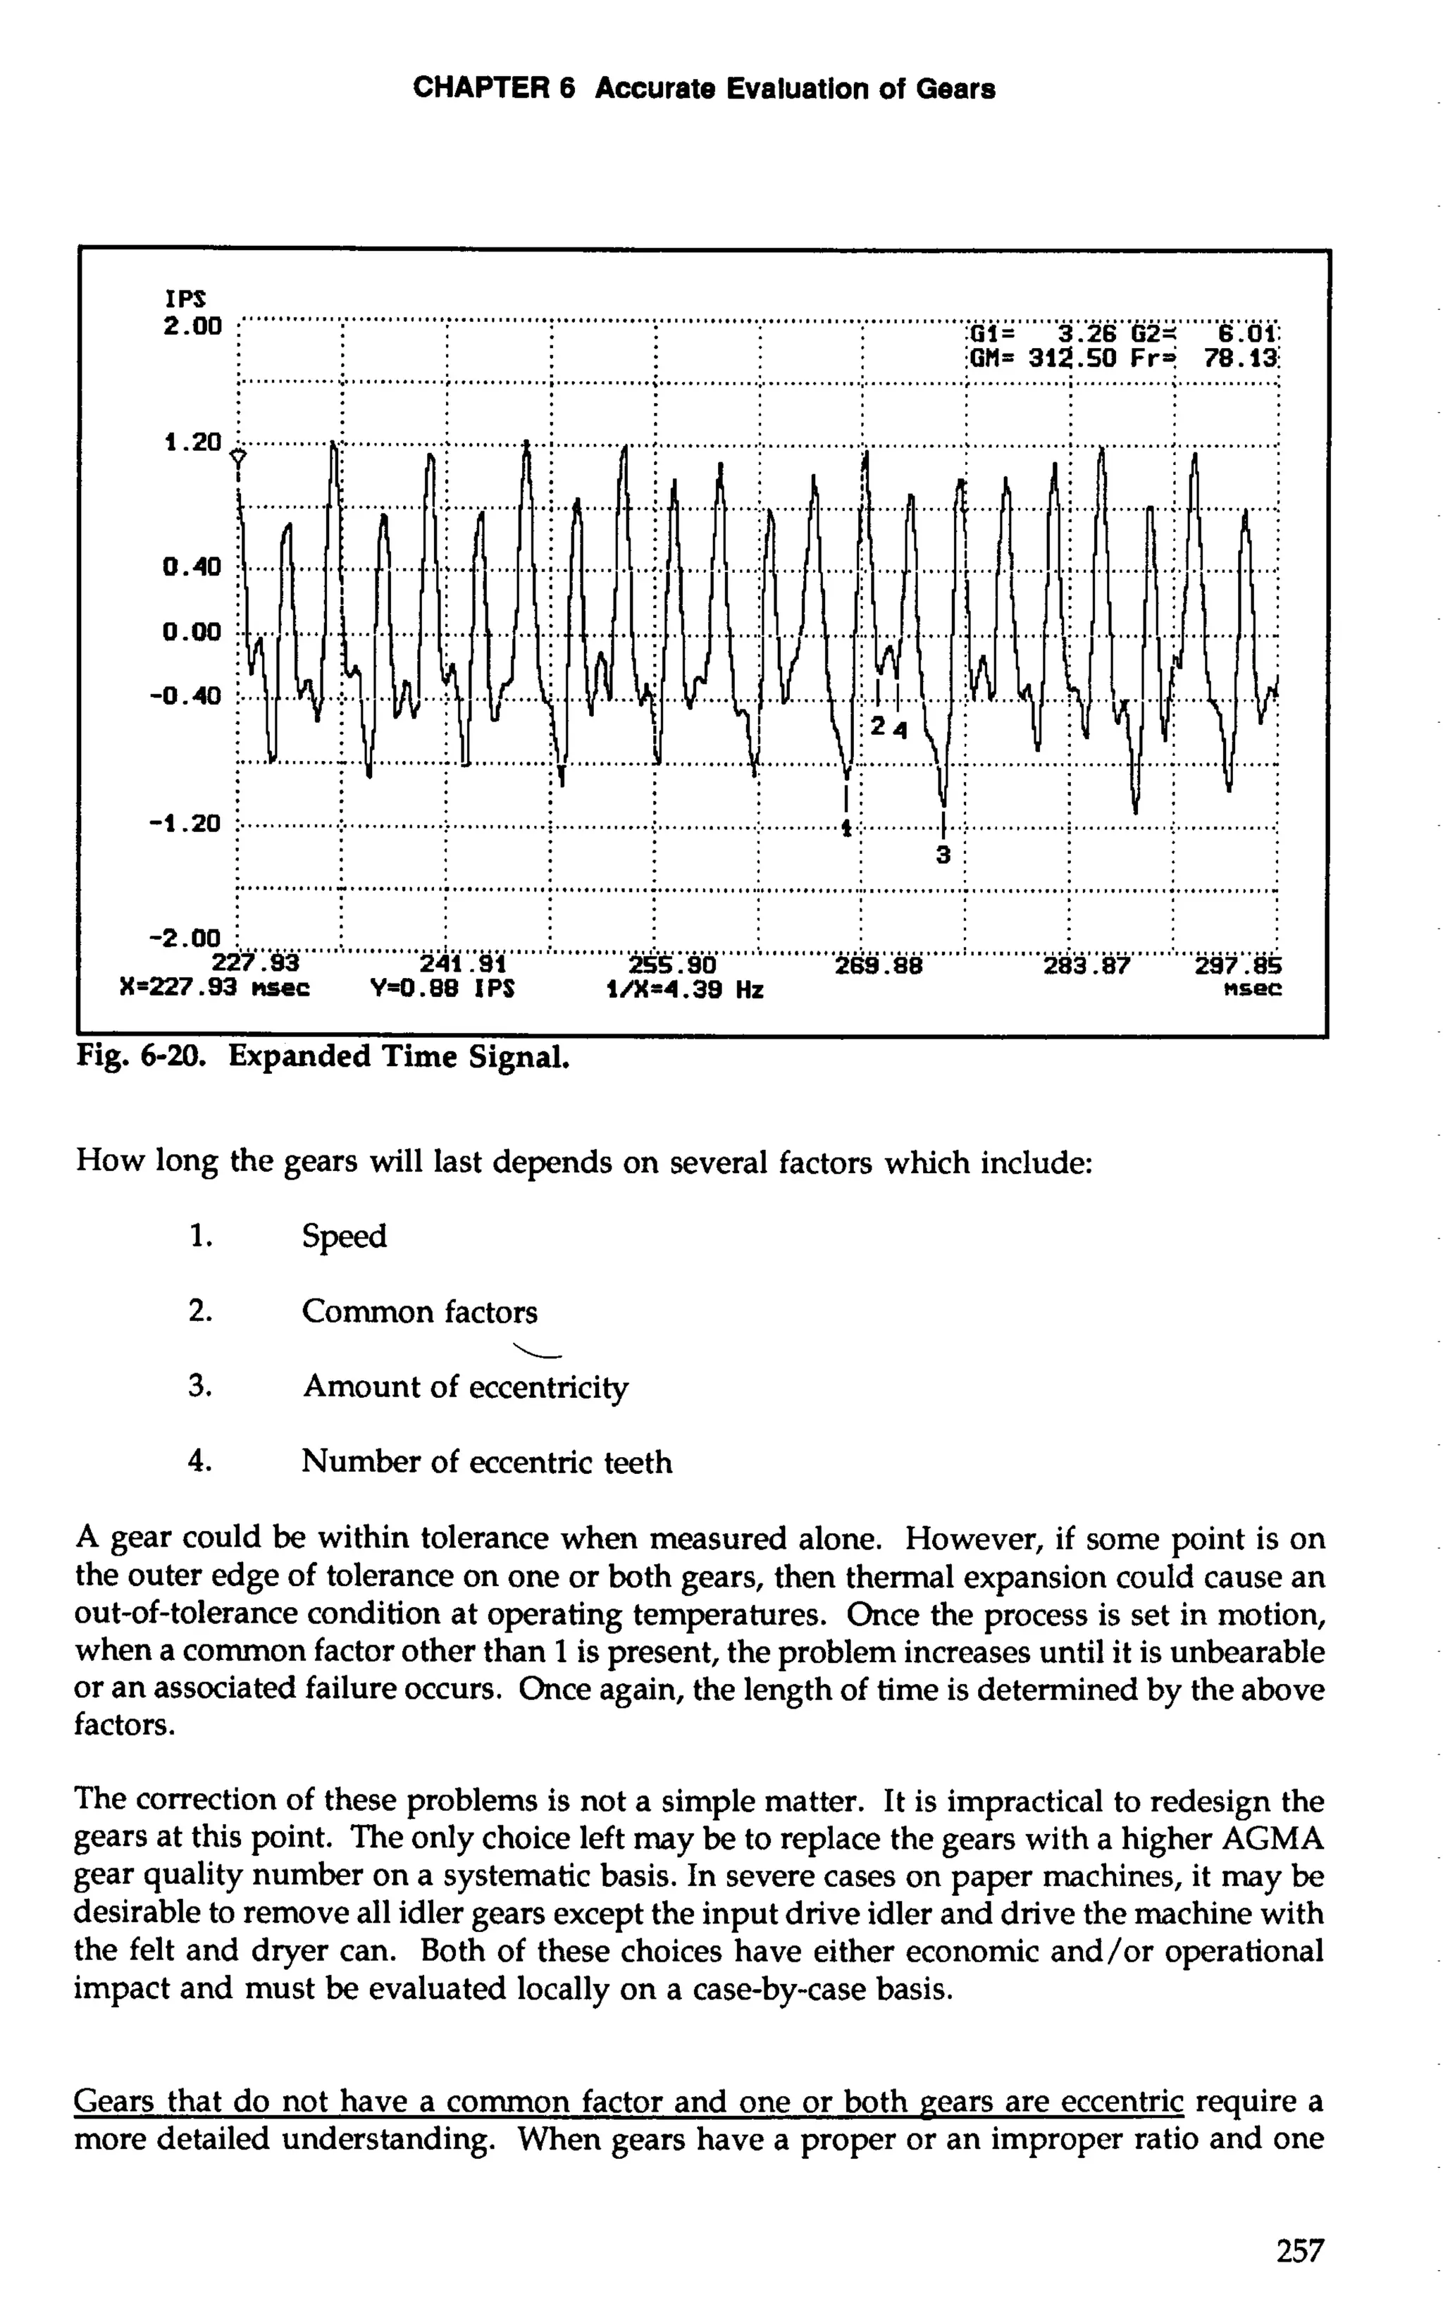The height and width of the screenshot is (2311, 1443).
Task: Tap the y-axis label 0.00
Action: coord(192,632)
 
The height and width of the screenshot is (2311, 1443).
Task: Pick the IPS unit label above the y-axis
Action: coord(181,298)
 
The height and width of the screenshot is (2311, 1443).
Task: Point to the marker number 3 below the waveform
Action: coord(943,854)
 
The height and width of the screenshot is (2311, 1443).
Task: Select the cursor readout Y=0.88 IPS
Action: coord(442,989)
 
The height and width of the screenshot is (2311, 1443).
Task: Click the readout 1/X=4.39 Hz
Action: coord(684,989)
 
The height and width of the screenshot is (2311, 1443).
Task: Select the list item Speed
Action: coord(344,1237)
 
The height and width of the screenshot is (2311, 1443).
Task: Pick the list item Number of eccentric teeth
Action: coord(487,1462)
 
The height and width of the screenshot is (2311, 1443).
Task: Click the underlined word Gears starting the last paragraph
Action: coord(116,2102)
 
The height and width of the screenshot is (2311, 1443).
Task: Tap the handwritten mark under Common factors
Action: coord(538,1350)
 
